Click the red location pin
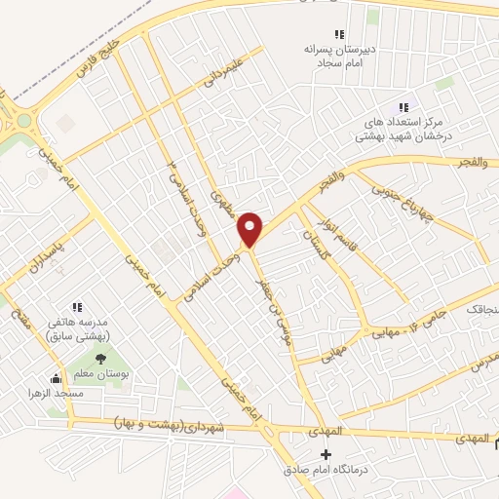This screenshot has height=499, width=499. [251, 229]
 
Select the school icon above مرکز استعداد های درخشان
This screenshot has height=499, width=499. [403, 108]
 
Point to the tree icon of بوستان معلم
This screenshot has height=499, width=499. [100, 358]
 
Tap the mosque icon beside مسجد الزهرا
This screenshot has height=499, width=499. [56, 379]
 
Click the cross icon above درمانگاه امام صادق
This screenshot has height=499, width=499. [326, 455]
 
